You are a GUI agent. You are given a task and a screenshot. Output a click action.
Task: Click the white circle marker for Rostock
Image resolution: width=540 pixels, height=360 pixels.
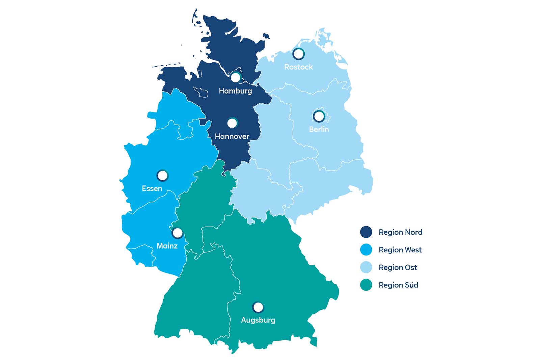pyautogui.click(x=298, y=53)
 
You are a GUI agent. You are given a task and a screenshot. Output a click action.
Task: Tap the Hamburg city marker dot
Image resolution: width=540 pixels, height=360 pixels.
pyautogui.click(x=235, y=78)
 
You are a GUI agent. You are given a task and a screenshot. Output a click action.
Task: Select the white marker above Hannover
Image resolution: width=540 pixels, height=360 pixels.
pyautogui.click(x=232, y=123)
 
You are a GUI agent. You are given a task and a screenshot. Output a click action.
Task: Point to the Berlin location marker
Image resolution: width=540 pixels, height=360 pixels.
pyautogui.click(x=319, y=116)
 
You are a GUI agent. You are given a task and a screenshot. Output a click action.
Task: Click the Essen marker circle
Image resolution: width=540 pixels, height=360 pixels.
pyautogui.click(x=162, y=176)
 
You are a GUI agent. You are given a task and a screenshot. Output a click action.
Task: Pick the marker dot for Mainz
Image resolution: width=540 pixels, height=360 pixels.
pyautogui.click(x=177, y=233)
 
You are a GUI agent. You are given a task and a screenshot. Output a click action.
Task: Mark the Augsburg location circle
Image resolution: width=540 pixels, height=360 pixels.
pyautogui.click(x=258, y=307)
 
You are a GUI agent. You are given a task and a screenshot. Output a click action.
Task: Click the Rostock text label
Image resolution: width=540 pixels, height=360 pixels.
pyautogui.click(x=298, y=67)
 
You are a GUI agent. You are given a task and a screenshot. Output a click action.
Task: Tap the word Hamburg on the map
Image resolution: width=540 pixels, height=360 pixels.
pyautogui.click(x=235, y=91)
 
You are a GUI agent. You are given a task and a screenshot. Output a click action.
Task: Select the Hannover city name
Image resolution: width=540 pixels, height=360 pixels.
pyautogui.click(x=232, y=136)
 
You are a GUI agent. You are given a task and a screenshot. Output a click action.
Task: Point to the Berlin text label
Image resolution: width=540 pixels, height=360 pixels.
pyautogui.click(x=319, y=129)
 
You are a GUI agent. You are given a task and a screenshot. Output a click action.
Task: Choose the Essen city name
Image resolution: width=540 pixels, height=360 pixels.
pyautogui.click(x=152, y=188)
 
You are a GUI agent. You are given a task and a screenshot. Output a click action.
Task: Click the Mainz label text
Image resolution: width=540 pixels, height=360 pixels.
pyautogui.click(x=167, y=246)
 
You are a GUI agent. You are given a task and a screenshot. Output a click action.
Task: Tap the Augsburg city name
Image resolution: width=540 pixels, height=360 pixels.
pyautogui.click(x=258, y=320)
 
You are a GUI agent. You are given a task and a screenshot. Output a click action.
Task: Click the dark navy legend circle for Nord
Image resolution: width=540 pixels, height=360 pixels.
pyautogui.click(x=366, y=232)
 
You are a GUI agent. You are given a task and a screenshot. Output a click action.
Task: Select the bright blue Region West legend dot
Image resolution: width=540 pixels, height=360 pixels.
pyautogui.click(x=366, y=250)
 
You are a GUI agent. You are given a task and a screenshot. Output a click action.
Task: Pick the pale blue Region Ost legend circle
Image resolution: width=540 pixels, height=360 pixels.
pyautogui.click(x=366, y=267)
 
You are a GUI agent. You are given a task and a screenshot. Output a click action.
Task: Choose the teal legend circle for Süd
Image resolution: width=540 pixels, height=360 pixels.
pyautogui.click(x=366, y=285)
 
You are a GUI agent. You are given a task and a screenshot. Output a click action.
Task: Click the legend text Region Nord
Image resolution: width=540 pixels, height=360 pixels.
pyautogui.click(x=400, y=232)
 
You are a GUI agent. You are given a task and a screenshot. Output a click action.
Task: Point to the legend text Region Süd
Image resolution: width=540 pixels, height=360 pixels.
pyautogui.click(x=398, y=285)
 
